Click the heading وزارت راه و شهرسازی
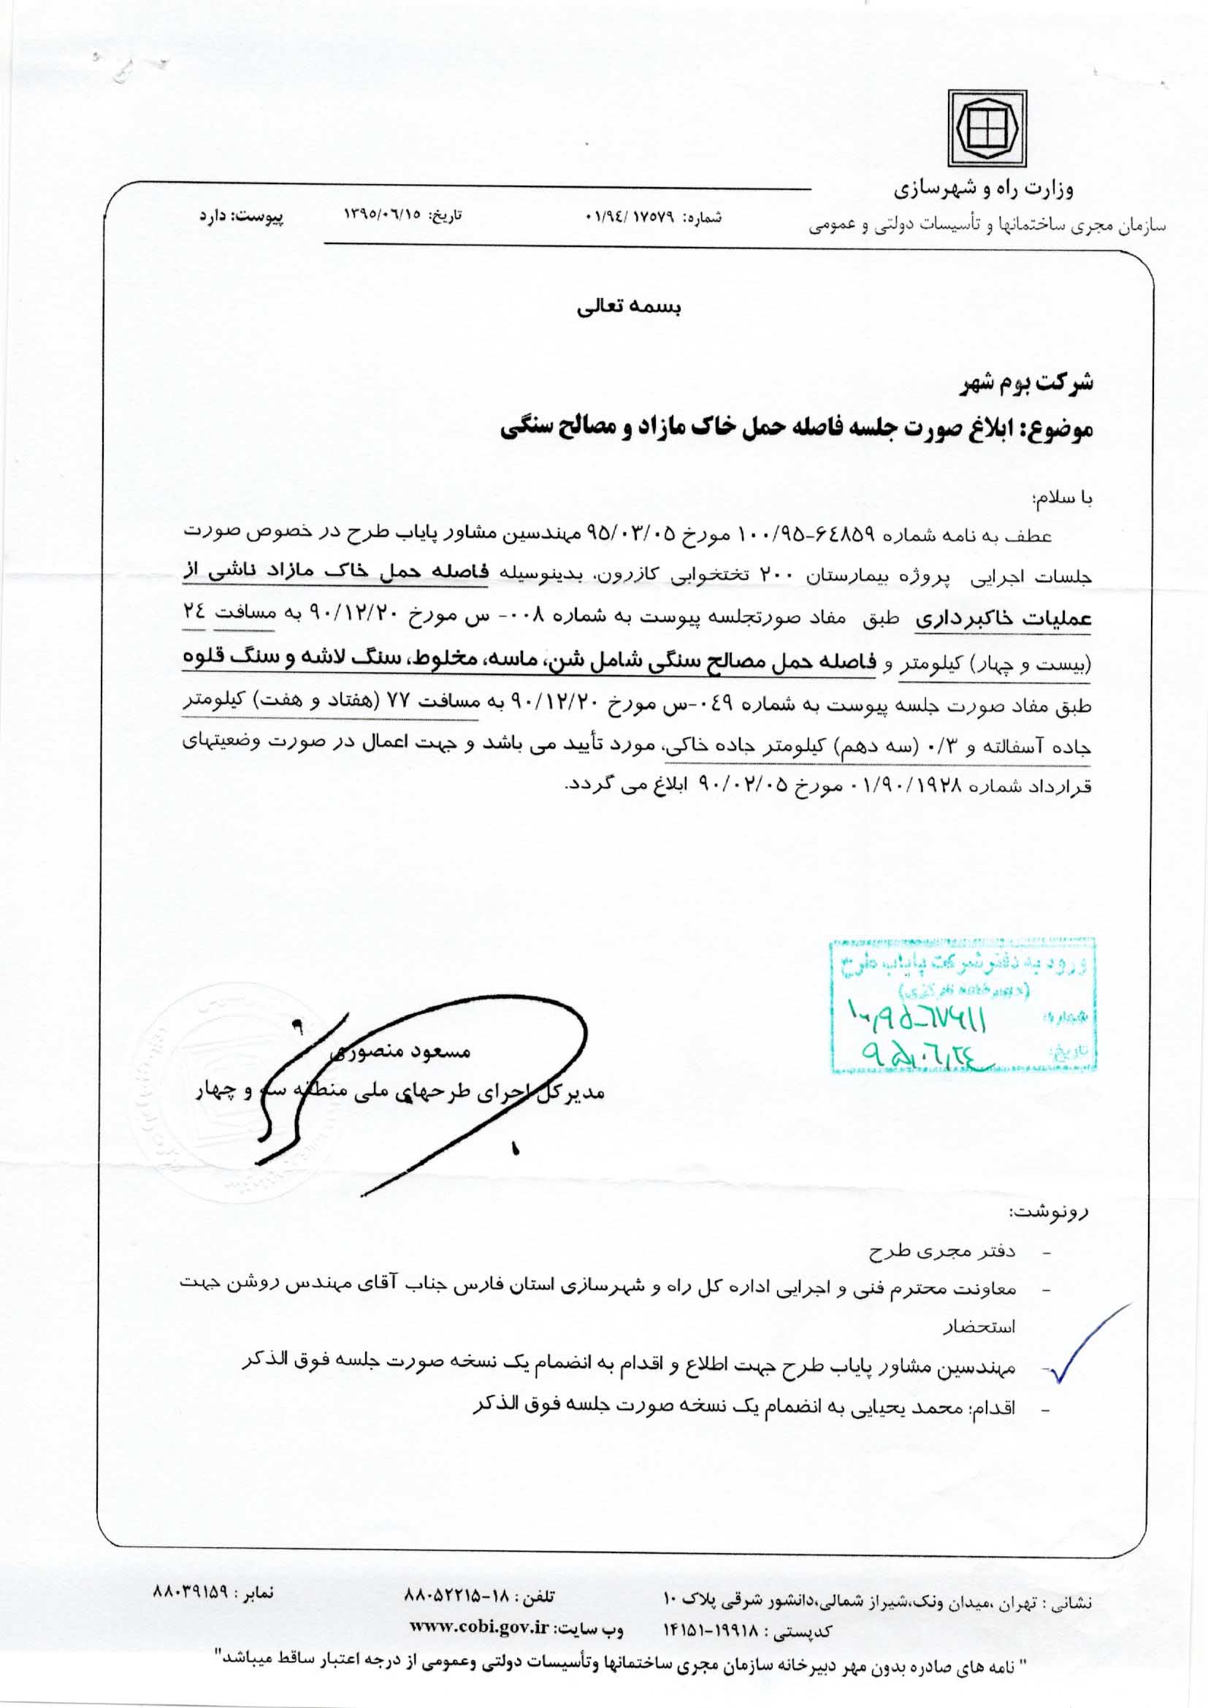tap(982, 189)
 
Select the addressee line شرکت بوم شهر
tap(1025, 385)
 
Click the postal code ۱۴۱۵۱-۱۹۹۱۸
tap(711, 1627)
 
